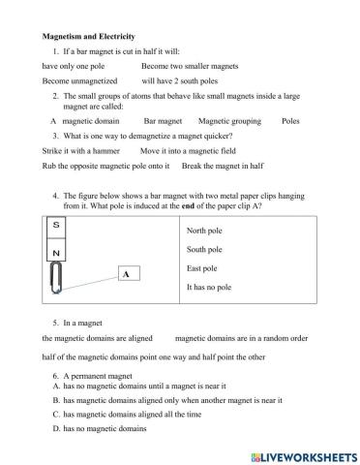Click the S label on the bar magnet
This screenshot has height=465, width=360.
click(55, 225)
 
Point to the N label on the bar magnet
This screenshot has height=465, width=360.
click(55, 254)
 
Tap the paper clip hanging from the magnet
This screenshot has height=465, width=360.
click(55, 279)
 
